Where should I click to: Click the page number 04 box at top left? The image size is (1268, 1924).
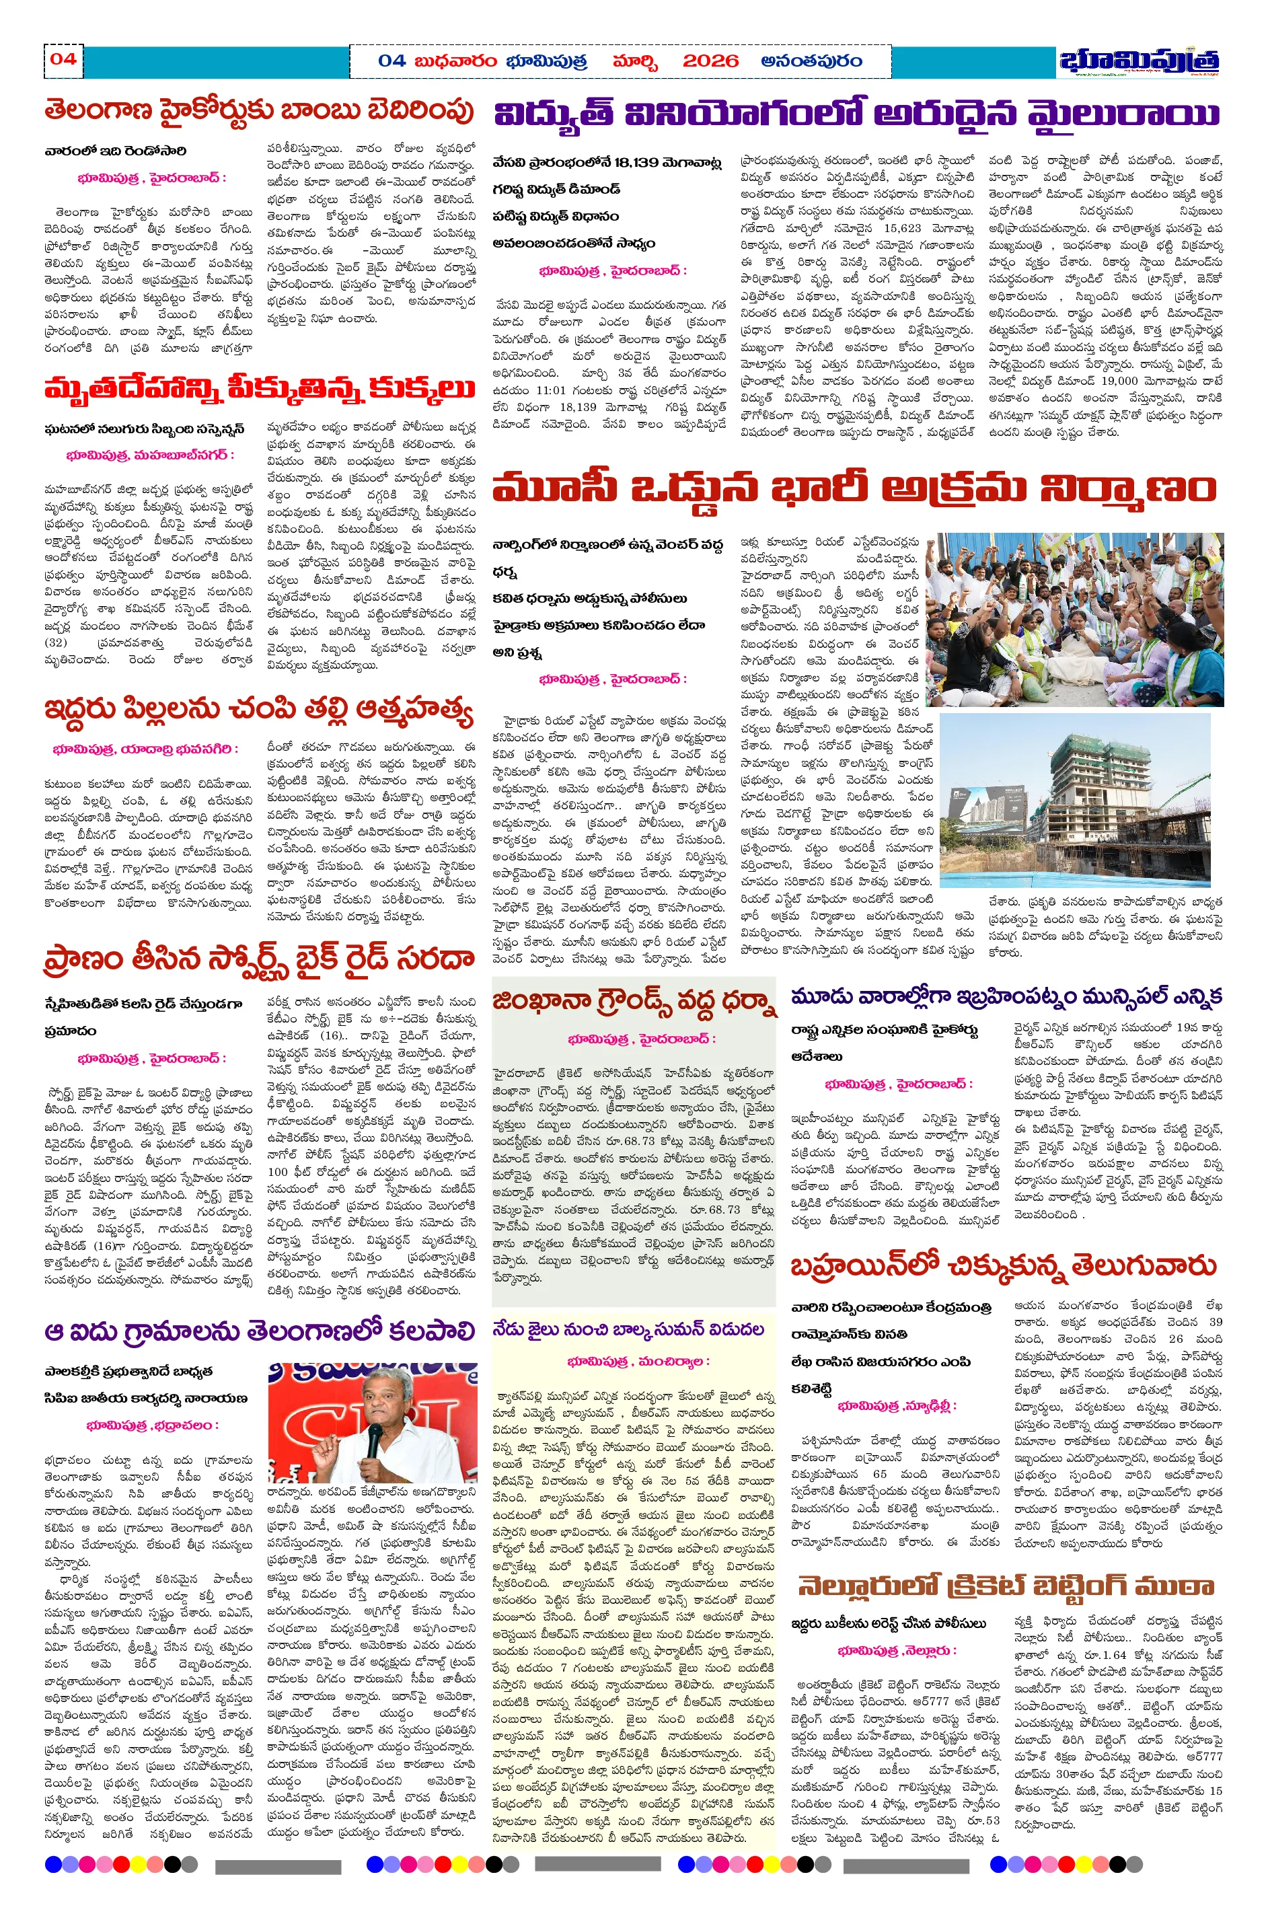coord(63,59)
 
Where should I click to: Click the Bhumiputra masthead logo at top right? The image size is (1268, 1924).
coord(1139,61)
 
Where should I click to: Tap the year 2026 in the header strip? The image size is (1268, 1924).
coord(710,61)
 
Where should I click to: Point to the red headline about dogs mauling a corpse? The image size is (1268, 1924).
coord(259,387)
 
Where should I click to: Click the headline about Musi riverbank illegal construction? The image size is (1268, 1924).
coord(856,488)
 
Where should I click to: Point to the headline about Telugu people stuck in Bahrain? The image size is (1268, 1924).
coord(1003,1265)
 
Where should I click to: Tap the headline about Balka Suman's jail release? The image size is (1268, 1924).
coord(629,1329)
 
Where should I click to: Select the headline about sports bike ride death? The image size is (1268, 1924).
coord(259,959)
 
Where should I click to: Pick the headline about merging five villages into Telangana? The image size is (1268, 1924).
coord(259,1331)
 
